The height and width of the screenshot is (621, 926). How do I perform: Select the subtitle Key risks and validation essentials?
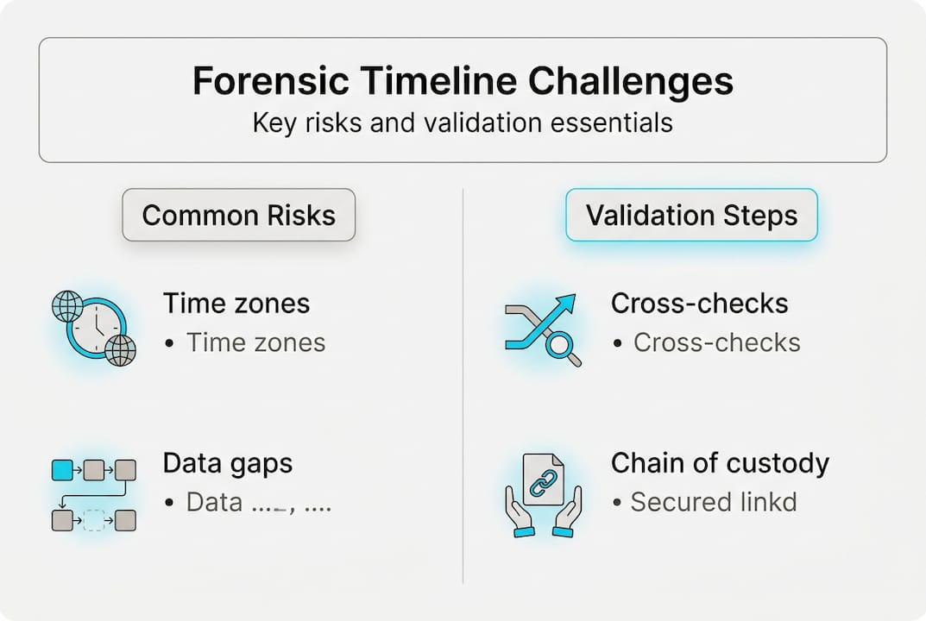pos(463,122)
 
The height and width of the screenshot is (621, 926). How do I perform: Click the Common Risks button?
pos(238,215)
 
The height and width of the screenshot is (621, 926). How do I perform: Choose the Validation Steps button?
pos(691,215)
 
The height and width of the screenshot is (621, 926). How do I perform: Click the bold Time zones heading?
pos(236,303)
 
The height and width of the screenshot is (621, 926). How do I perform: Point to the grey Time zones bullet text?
pos(255,342)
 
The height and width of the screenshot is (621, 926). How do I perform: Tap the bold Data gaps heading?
pos(228,463)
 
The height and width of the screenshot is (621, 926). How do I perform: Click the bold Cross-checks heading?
pos(699,303)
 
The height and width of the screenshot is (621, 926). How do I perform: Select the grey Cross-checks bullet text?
pos(716,342)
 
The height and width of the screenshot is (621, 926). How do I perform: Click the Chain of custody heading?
pos(720,463)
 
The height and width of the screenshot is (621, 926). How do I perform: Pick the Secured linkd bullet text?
pos(713,502)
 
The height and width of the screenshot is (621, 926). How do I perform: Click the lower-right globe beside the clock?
pos(121,350)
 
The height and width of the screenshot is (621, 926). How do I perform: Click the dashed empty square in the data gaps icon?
pos(93,520)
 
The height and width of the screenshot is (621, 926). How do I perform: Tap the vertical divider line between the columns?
pos(463,388)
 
